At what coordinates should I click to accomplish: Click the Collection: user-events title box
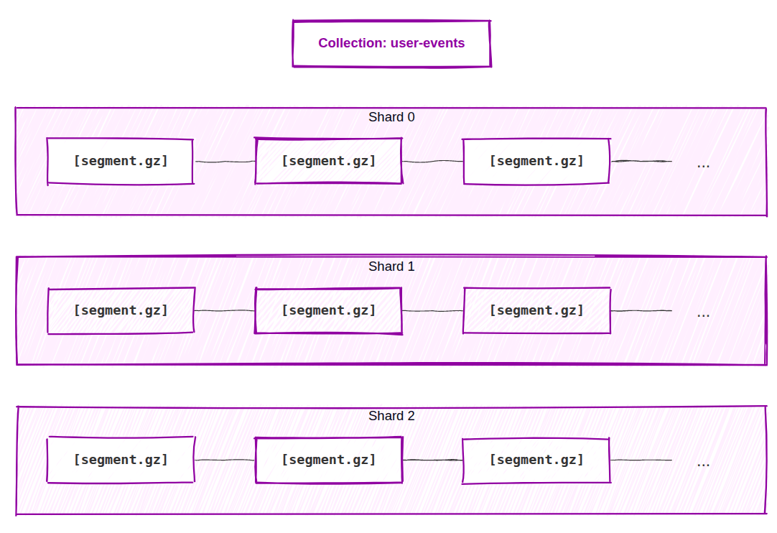point(391,44)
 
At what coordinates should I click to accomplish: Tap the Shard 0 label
point(391,117)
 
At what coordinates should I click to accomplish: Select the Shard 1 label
point(391,266)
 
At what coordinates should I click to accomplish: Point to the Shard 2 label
point(391,416)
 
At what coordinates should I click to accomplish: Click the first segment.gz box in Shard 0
point(120,161)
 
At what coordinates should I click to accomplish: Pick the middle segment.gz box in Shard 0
point(328,161)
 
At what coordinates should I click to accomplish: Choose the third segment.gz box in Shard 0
point(536,161)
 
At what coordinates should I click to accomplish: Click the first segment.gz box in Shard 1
point(120,310)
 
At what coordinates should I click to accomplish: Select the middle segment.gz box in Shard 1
point(328,310)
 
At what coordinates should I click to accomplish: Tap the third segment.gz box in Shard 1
point(536,310)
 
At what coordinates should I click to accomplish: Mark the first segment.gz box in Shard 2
point(120,460)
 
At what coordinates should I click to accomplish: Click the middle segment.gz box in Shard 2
point(328,460)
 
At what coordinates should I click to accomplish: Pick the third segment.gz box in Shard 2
point(536,460)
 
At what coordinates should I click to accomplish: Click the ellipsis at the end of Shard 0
point(703,164)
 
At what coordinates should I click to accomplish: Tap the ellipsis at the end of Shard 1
point(703,314)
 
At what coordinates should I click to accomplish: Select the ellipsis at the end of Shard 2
point(703,463)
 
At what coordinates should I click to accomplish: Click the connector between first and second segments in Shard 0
point(224,162)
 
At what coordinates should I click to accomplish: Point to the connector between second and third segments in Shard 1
point(432,311)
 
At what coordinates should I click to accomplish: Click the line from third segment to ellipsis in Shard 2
point(641,460)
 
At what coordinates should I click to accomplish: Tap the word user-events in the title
point(427,43)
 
